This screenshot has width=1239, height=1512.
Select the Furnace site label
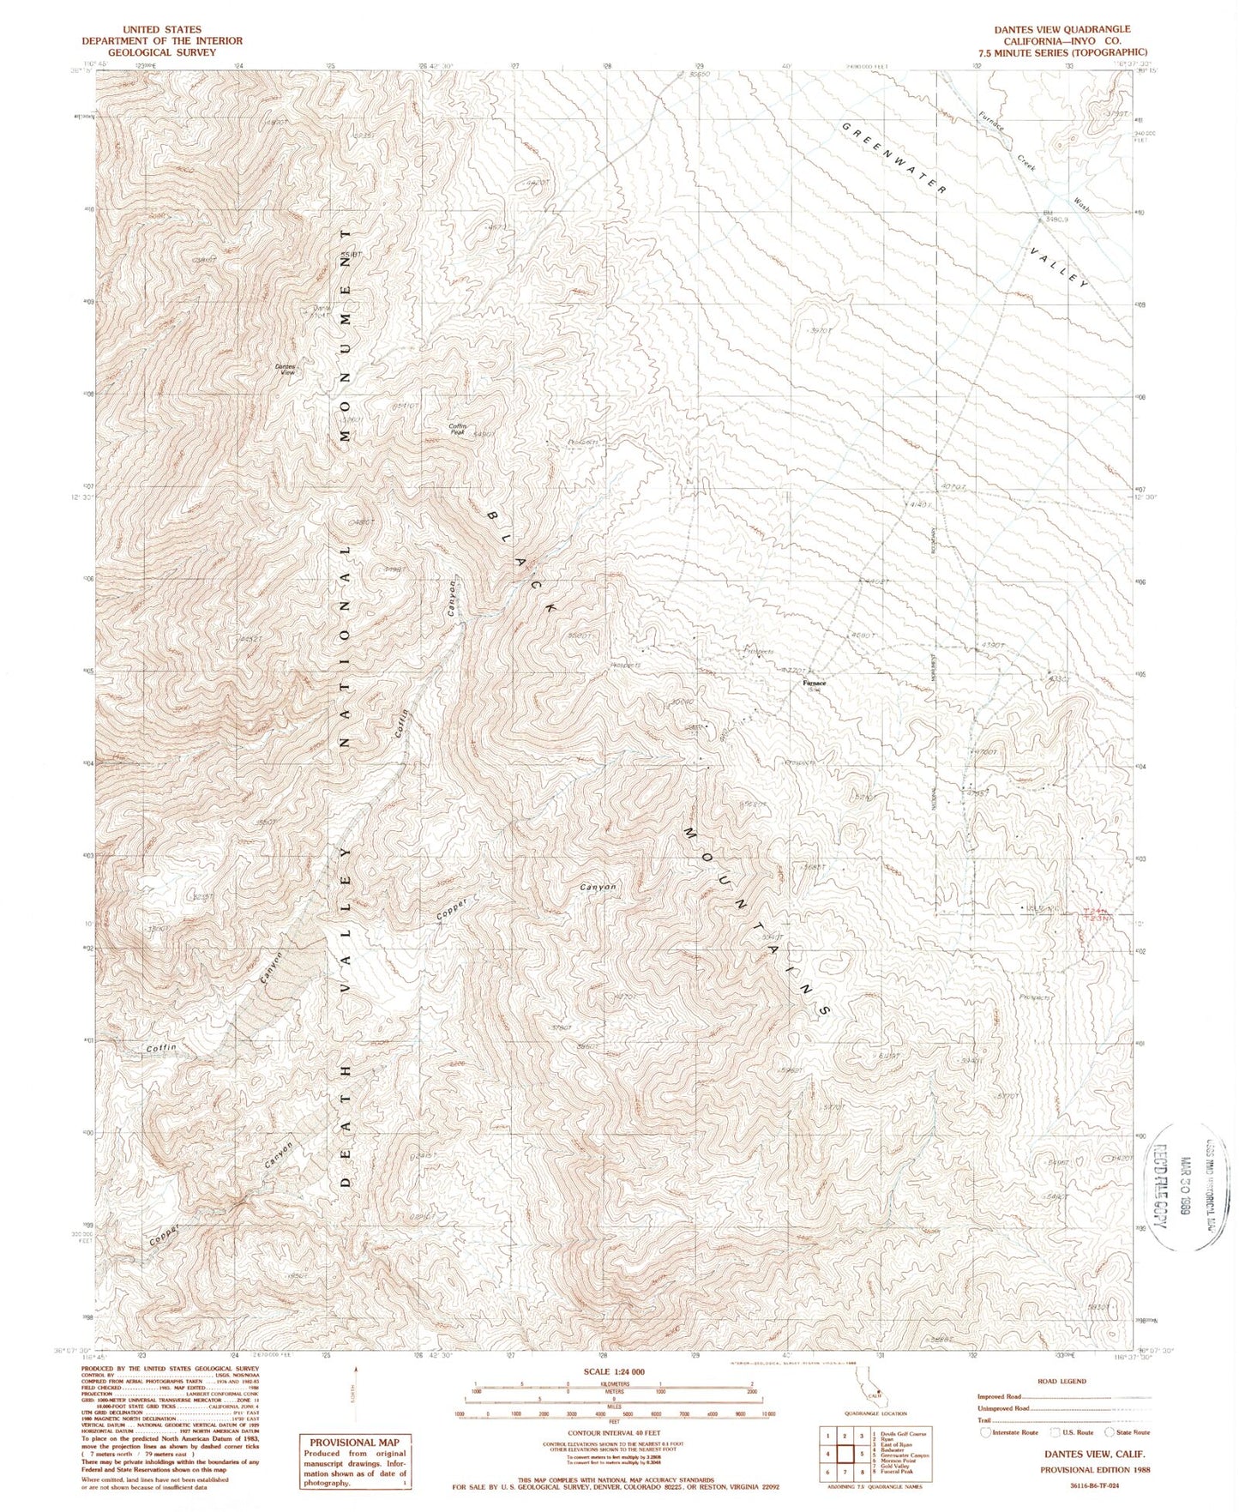[x=814, y=684]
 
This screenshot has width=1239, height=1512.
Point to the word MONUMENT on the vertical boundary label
[x=346, y=335]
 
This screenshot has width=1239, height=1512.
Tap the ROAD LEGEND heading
[x=1061, y=1382]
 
